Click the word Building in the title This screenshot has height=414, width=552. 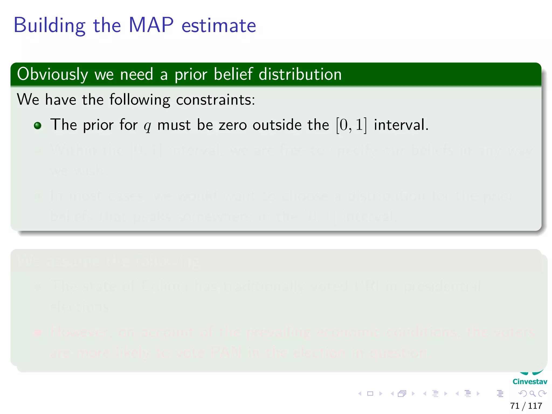click(49, 26)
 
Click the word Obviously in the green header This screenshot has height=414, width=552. click(53, 74)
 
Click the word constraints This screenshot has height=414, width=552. click(215, 99)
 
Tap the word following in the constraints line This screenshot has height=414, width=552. click(140, 99)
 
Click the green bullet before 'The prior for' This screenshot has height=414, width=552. click(38, 126)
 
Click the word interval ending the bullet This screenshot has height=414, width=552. click(401, 125)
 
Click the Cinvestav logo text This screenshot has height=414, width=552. click(530, 382)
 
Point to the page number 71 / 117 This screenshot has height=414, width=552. click(526, 406)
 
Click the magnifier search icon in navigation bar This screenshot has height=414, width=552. click(532, 394)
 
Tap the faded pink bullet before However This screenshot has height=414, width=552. click(38, 333)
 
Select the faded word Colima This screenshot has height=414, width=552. click(165, 286)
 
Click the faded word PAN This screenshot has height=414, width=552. click(226, 353)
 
